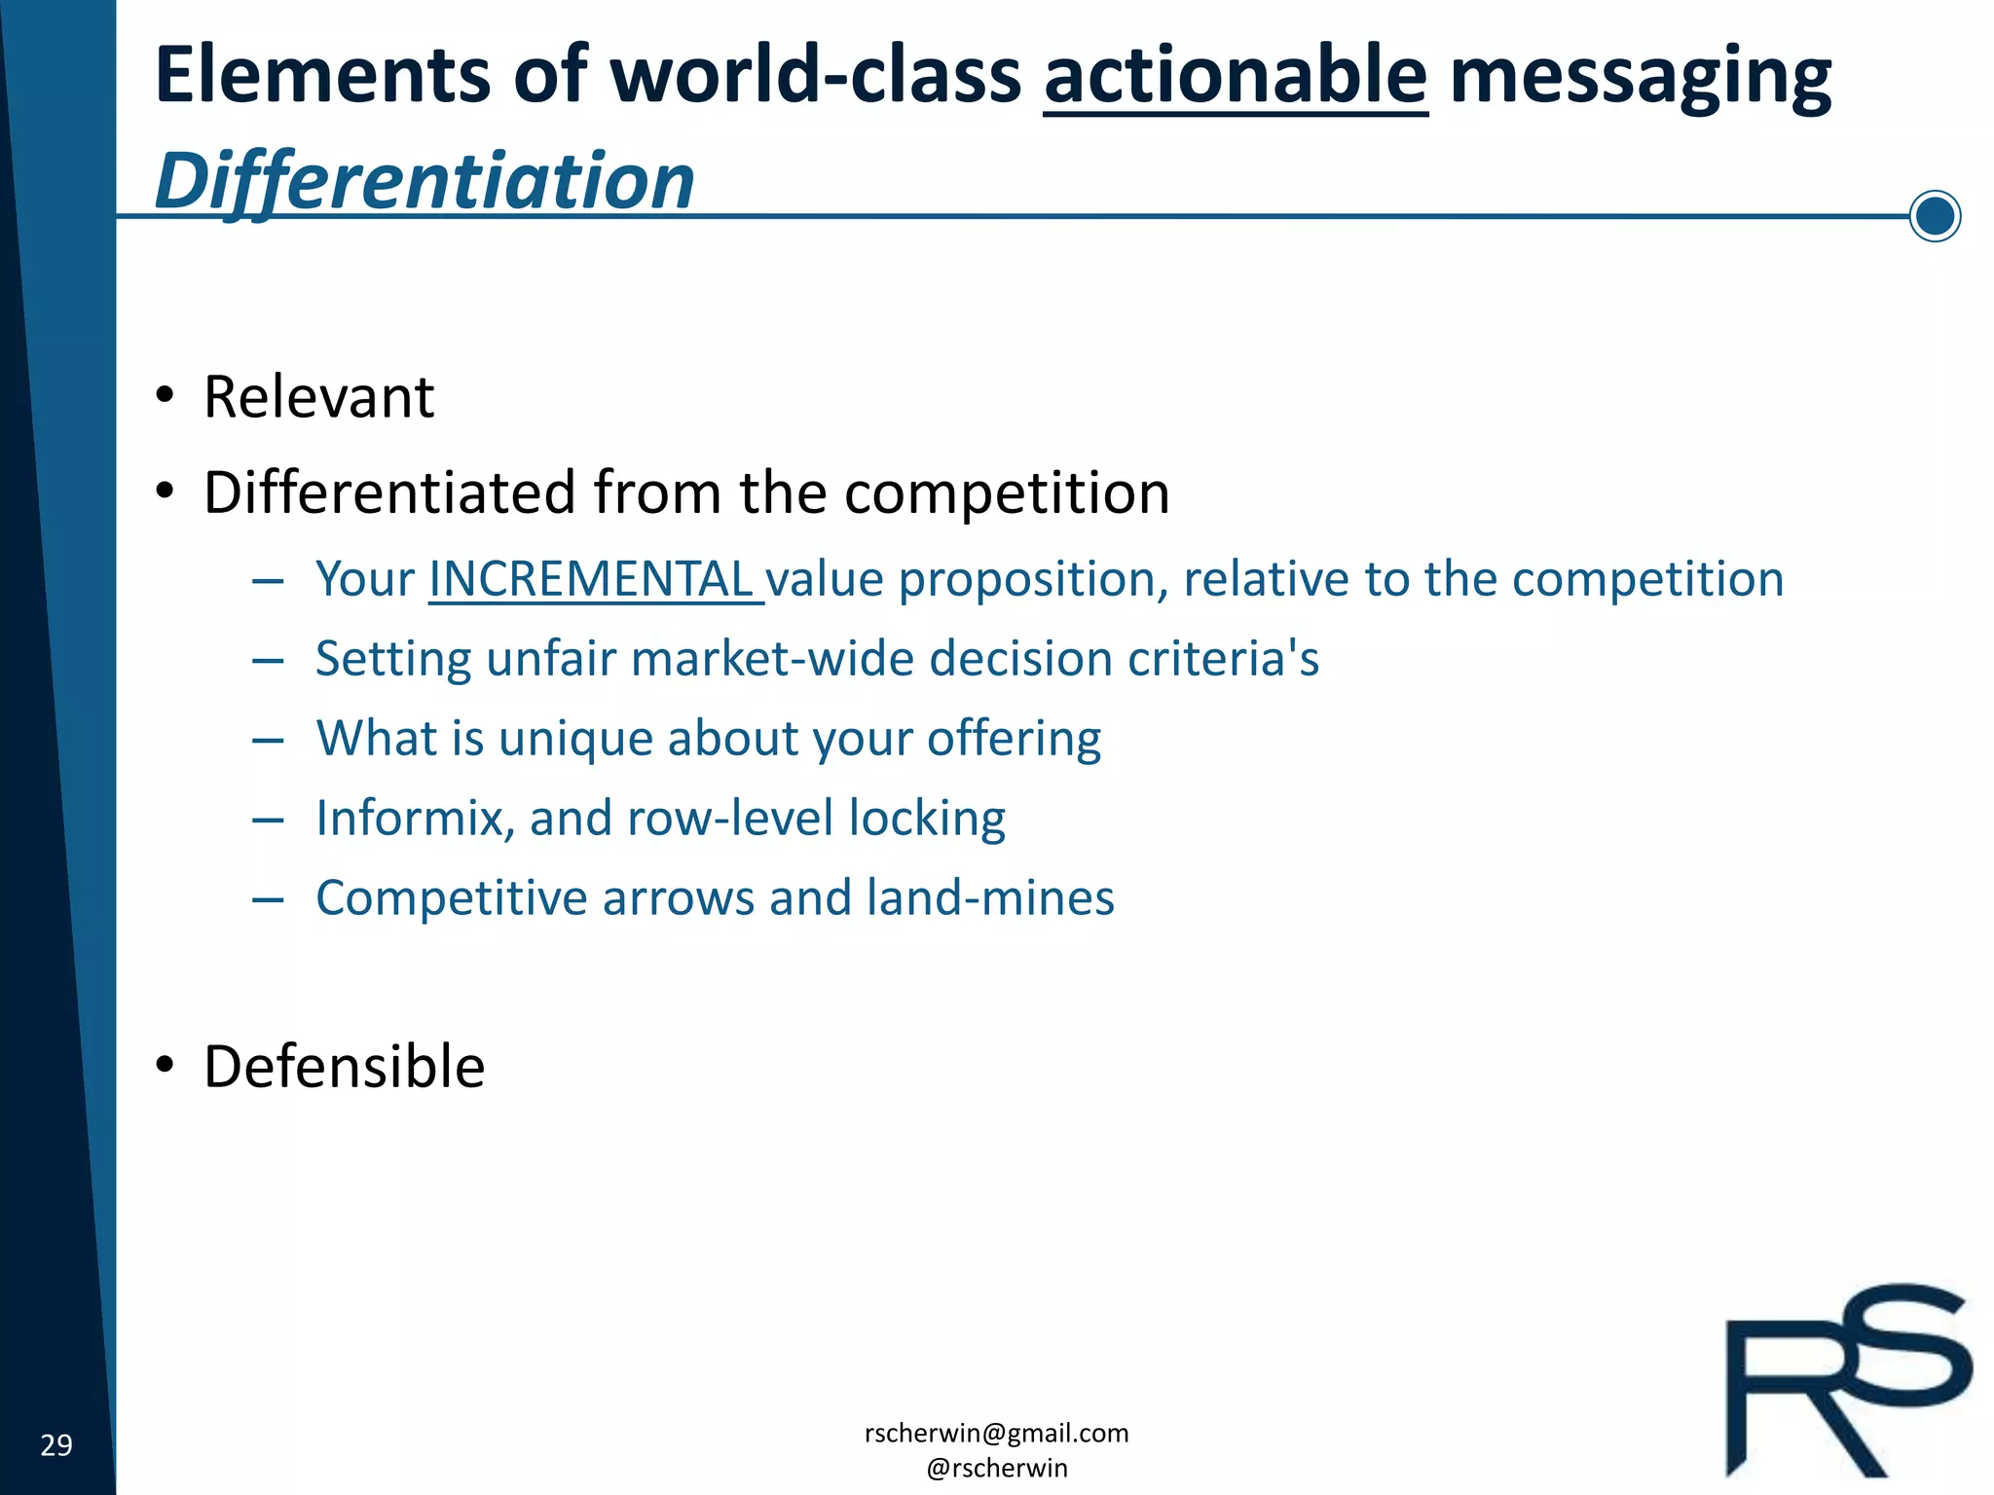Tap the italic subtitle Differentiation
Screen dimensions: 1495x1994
tap(425, 181)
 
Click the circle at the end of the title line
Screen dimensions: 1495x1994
tap(1934, 215)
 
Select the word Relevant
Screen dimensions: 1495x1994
tap(318, 397)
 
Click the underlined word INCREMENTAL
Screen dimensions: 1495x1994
tap(592, 579)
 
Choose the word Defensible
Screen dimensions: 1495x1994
tap(344, 1067)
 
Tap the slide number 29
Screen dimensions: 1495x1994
tap(56, 1444)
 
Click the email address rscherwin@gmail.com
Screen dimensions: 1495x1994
tap(996, 1433)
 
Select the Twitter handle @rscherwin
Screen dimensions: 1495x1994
tap(996, 1468)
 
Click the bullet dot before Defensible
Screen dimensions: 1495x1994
tap(166, 1065)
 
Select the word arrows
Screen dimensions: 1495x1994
tap(678, 897)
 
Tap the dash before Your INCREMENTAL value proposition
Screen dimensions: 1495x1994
tap(267, 581)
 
